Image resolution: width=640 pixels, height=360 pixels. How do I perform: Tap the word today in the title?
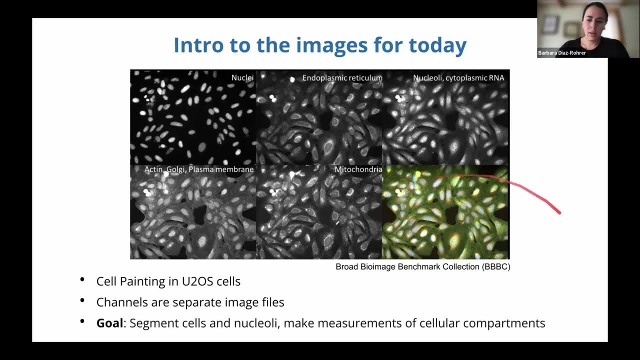(437, 45)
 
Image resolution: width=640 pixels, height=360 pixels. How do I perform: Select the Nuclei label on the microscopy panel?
(242, 77)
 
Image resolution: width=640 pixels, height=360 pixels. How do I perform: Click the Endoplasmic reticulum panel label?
(342, 77)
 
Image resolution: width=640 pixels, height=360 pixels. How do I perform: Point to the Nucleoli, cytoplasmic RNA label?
(458, 77)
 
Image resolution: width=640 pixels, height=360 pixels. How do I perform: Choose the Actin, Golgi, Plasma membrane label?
(199, 169)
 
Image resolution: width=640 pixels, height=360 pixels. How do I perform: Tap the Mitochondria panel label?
(358, 169)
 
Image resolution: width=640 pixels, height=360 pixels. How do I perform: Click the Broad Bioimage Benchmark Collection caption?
(408, 266)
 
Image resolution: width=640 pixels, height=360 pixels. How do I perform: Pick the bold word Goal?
(109, 323)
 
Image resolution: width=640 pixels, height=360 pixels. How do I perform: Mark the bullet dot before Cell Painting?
(82, 280)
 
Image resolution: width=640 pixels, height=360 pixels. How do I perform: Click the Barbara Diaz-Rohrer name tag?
(562, 52)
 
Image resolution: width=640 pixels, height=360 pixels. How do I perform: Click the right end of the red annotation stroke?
(559, 212)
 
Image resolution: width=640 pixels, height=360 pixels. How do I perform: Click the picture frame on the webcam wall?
(550, 23)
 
